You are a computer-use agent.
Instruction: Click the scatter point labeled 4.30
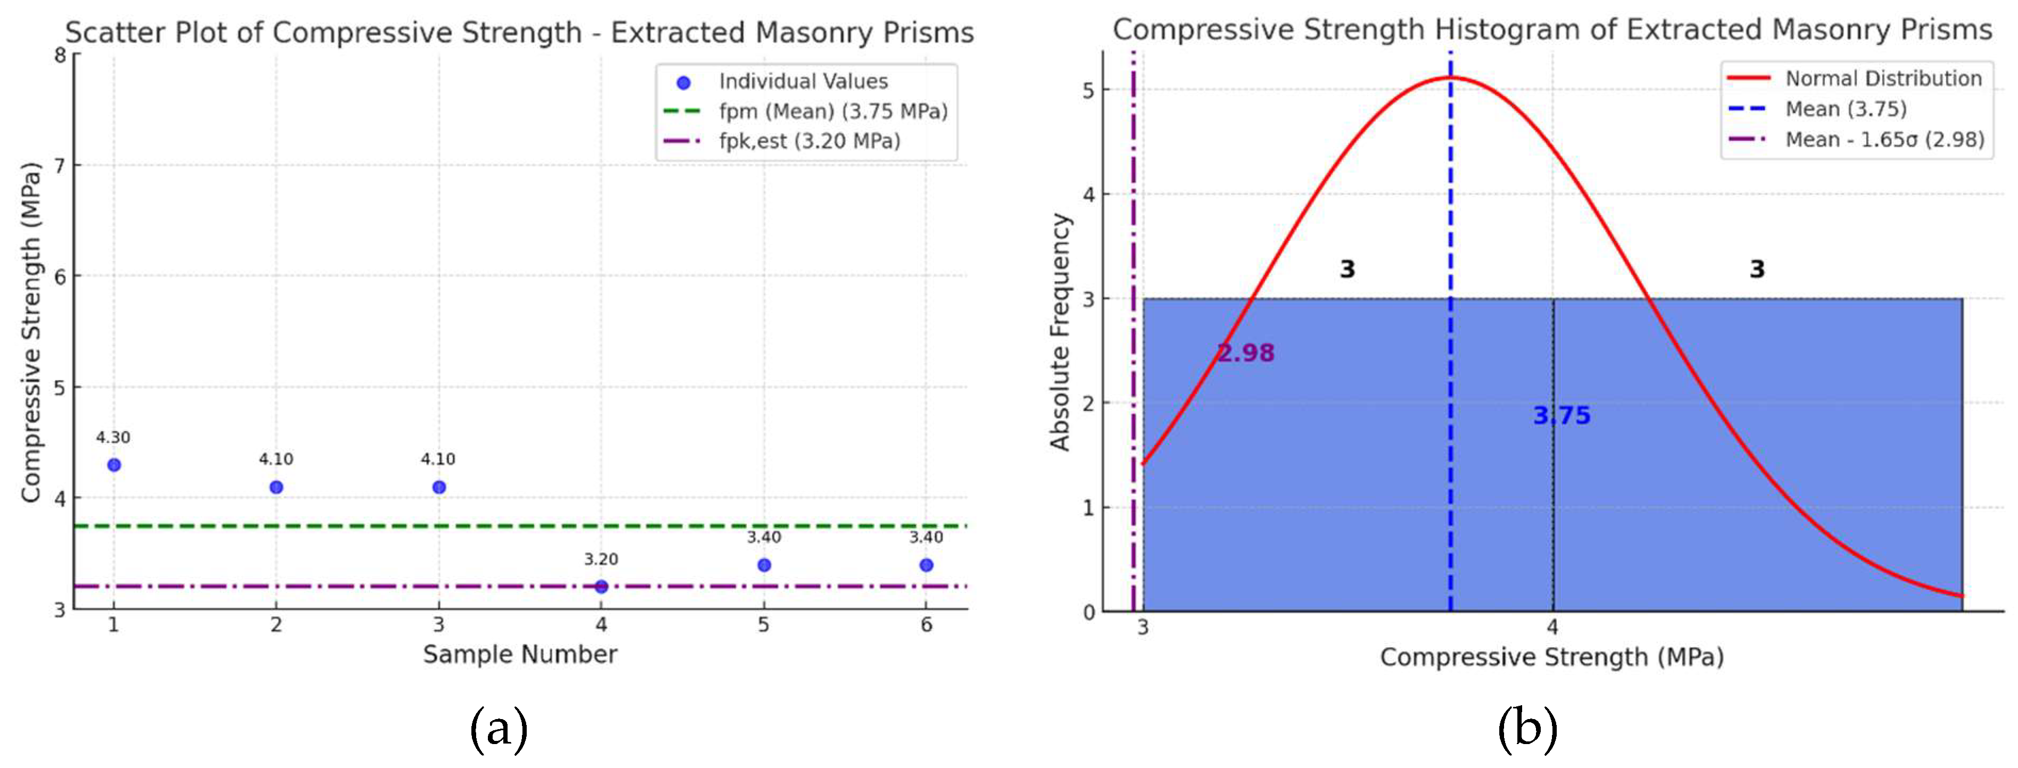(114, 465)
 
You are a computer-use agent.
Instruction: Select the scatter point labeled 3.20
(601, 587)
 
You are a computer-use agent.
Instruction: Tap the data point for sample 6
(926, 564)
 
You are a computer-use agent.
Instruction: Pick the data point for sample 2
(276, 487)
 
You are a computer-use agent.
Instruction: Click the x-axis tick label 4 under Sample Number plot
(601, 625)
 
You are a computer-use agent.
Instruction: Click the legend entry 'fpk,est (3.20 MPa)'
(809, 141)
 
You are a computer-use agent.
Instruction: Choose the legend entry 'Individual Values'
(803, 81)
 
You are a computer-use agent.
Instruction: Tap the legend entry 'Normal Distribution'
(1883, 78)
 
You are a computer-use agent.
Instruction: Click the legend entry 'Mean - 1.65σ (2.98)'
(1884, 139)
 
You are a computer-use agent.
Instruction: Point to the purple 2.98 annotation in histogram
(1245, 353)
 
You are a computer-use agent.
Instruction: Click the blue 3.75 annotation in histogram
(1562, 416)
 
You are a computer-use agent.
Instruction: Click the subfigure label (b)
(1527, 730)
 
